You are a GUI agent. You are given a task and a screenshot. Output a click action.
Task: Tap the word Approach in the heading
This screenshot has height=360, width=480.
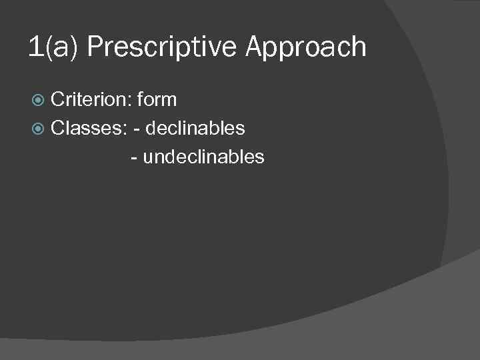pyautogui.click(x=306, y=48)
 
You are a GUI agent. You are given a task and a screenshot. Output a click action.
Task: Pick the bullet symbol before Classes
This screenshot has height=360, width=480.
pyautogui.click(x=39, y=128)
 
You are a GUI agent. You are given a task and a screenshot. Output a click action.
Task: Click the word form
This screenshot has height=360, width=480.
pyautogui.click(x=157, y=100)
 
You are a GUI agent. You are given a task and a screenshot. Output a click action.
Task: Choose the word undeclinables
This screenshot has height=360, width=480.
pyautogui.click(x=203, y=157)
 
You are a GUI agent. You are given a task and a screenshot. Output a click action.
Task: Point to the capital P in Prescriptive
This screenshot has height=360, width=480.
pyautogui.click(x=95, y=48)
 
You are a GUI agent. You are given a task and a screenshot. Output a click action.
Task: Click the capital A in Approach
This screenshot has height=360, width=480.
pyautogui.click(x=256, y=48)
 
